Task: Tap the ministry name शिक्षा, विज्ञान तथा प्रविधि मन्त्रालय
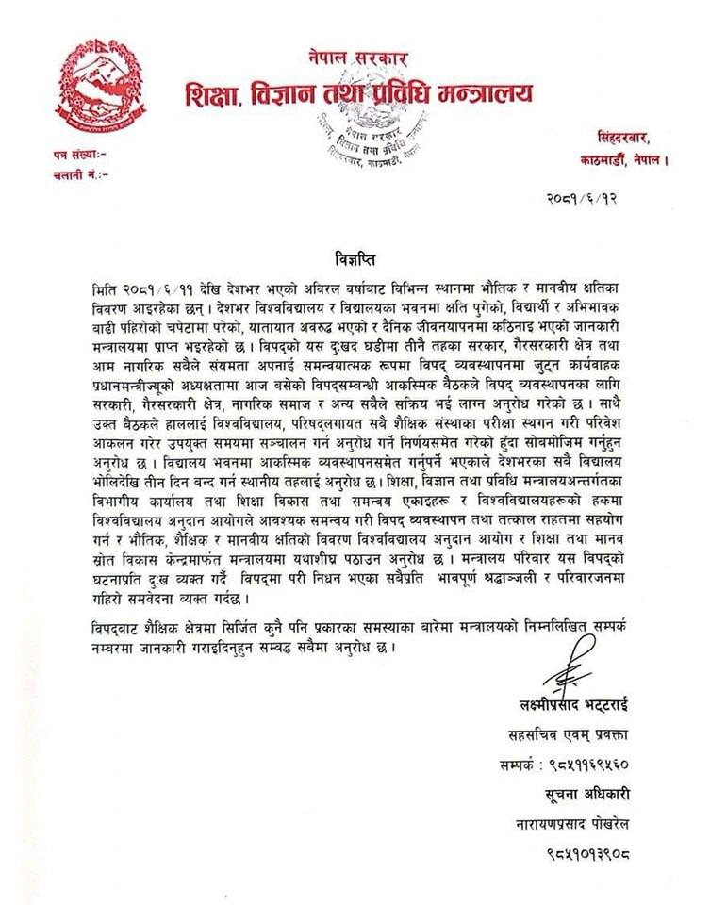pos(359,93)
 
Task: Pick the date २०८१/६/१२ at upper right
pos(582,198)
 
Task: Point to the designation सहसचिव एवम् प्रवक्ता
pos(565,733)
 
